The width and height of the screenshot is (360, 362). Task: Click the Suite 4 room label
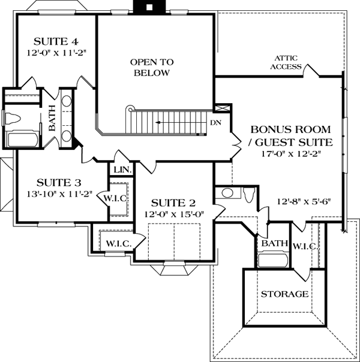click(56, 41)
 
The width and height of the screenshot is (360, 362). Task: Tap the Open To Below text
click(152, 67)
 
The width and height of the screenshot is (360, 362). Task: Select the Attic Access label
click(286, 62)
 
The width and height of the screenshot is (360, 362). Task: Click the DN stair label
click(215, 123)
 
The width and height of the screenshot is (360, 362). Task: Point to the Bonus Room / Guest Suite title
click(290, 136)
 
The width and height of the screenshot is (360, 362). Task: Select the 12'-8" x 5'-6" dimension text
click(304, 201)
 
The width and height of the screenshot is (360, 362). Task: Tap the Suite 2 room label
click(173, 203)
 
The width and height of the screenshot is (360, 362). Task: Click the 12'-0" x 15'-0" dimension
click(174, 214)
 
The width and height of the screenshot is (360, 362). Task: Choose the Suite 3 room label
click(59, 183)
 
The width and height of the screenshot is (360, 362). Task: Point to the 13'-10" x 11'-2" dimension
click(59, 194)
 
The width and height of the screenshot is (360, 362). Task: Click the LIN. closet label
click(122, 170)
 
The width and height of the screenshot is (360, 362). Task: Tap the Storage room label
click(284, 294)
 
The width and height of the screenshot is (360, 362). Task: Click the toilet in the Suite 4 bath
click(13, 119)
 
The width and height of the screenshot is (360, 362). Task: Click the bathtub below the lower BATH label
click(273, 261)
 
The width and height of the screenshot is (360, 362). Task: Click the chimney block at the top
click(149, 7)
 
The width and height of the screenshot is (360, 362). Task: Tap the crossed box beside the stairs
click(222, 108)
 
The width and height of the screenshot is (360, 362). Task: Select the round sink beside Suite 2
click(227, 193)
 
